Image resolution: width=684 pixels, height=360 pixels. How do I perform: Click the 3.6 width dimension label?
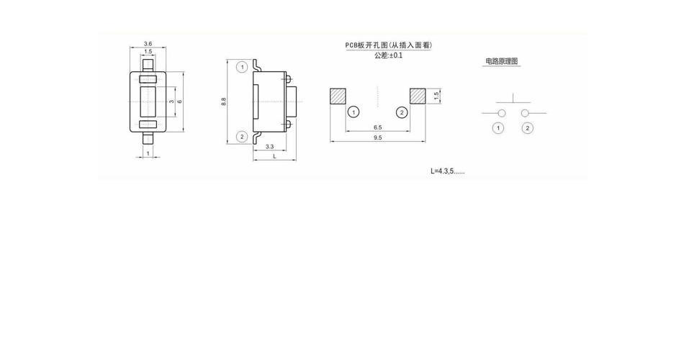tap(148, 44)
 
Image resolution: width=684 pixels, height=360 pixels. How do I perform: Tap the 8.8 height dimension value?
tap(223, 102)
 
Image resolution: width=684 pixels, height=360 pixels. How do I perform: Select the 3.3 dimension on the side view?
tap(269, 147)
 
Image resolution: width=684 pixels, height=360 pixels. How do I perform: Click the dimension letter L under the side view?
tap(274, 156)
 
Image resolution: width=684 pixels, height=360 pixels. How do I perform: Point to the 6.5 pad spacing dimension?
tap(378, 127)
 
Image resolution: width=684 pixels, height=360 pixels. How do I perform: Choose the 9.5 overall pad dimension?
tap(378, 138)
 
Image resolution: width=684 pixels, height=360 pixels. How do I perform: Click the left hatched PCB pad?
tap(338, 96)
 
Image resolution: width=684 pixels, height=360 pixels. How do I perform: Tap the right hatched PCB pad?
tap(418, 96)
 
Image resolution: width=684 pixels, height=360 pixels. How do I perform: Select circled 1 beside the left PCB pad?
tap(354, 112)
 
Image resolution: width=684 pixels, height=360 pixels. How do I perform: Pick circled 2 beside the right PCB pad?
tap(402, 112)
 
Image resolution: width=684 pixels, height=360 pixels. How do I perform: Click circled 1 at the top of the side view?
tap(242, 67)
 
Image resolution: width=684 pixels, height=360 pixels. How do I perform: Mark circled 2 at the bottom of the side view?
tap(242, 137)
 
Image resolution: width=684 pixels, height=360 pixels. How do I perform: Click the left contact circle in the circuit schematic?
tap(502, 114)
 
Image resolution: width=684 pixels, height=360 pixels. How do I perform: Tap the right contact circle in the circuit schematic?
tap(525, 114)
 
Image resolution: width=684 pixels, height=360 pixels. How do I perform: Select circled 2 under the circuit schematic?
tap(527, 128)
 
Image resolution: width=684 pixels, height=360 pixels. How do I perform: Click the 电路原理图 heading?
tap(502, 61)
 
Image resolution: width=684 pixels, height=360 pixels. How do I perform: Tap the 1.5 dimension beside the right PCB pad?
tap(436, 96)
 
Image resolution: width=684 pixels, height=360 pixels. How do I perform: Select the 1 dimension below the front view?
tap(148, 153)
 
